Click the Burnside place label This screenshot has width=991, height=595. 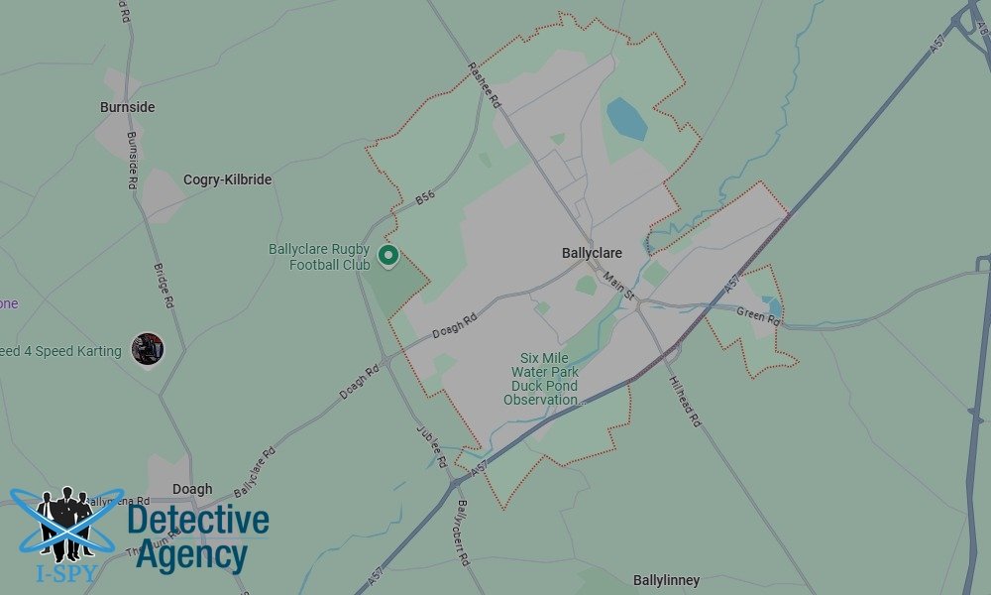tap(127, 107)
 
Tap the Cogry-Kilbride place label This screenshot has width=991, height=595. tap(227, 179)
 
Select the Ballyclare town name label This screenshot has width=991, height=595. tap(592, 253)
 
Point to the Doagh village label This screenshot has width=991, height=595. tap(192, 489)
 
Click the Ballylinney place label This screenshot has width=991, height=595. tap(666, 580)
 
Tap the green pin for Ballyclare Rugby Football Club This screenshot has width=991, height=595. tap(389, 256)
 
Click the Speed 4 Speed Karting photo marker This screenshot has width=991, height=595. tap(148, 348)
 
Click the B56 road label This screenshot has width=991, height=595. tap(425, 198)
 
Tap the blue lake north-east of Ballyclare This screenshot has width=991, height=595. tap(625, 118)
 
